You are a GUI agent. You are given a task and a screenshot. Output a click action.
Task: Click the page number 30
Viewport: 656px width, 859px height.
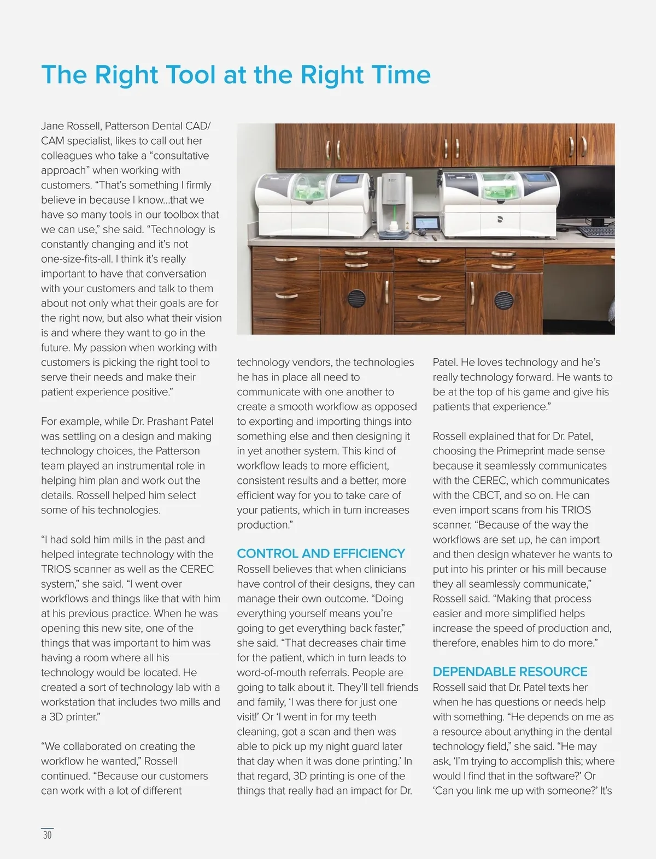point(48,835)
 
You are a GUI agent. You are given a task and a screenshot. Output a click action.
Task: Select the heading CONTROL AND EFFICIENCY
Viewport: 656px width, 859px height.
point(321,553)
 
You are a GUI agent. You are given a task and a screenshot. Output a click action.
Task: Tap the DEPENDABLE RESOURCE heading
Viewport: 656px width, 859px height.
point(509,672)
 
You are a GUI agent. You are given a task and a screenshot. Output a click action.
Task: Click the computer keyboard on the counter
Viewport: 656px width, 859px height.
point(596,231)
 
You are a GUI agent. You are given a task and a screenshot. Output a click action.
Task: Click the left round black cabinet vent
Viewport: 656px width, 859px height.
point(356,298)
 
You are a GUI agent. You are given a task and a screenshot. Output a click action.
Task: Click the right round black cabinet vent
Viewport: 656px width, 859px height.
point(503,299)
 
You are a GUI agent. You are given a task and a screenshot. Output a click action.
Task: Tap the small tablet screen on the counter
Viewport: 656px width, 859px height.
point(426,223)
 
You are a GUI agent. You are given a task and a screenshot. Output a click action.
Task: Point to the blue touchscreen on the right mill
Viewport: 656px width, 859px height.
point(536,179)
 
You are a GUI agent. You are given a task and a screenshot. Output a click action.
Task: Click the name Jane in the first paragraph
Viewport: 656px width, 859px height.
point(52,126)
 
